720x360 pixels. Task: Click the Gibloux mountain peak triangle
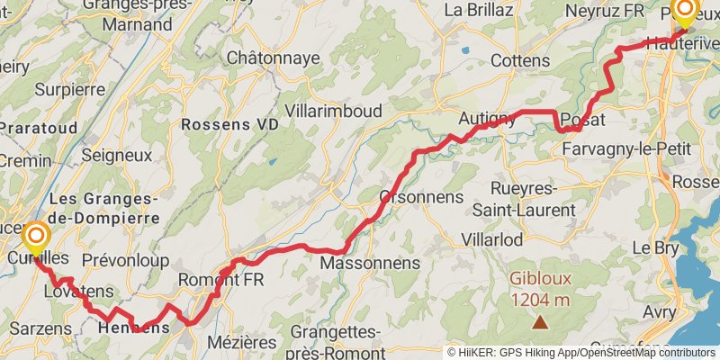[x=540, y=321]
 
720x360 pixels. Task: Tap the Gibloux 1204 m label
[x=540, y=290]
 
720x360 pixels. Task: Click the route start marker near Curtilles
[x=37, y=238]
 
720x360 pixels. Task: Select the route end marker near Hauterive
[x=685, y=13]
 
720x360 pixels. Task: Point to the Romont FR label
[x=221, y=280]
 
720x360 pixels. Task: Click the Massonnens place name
[x=371, y=263]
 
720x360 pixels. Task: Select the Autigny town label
[x=487, y=118]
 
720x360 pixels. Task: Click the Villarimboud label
[x=333, y=111]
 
